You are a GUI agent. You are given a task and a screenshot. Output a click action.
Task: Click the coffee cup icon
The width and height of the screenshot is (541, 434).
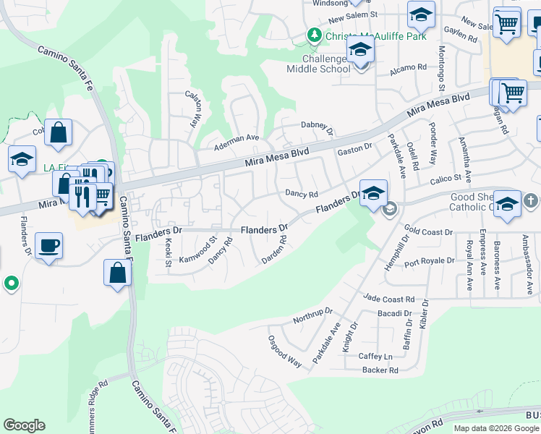click(48, 246)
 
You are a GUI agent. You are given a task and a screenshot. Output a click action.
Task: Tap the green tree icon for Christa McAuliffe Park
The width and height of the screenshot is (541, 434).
click(314, 35)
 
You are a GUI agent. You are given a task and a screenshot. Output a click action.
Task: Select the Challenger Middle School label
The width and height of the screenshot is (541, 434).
click(318, 64)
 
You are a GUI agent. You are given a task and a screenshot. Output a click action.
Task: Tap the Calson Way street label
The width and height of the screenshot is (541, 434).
click(194, 109)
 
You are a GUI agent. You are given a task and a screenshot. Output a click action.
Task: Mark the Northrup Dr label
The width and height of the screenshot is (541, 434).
click(312, 315)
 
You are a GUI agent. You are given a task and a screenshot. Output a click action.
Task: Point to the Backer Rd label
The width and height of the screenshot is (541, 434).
click(380, 370)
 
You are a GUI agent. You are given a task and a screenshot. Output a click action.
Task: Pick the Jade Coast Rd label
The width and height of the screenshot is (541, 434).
click(389, 299)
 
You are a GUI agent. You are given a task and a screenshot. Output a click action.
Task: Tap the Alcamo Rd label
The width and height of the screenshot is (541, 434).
click(408, 67)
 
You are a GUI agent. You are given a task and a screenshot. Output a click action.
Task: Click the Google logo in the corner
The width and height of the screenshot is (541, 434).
click(24, 425)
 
